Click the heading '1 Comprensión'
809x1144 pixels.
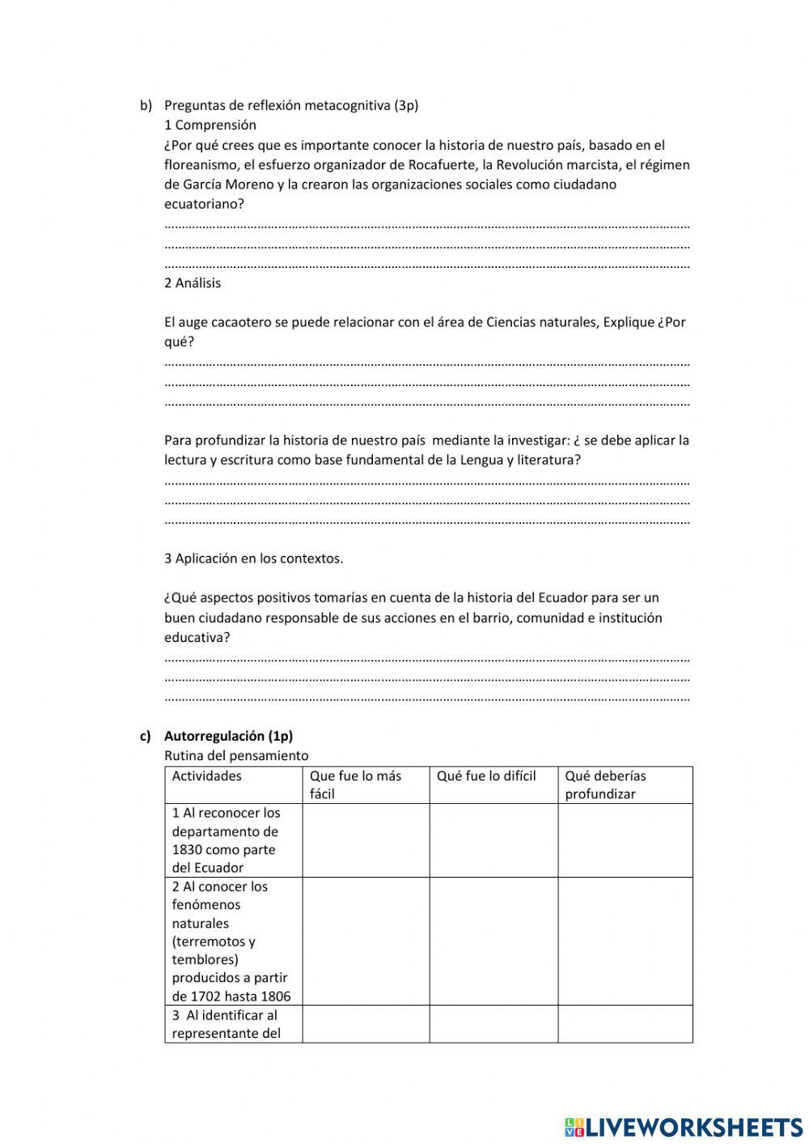click(210, 125)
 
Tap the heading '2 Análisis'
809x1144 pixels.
click(192, 283)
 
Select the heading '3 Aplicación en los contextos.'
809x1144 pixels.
click(253, 558)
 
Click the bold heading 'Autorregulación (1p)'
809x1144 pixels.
click(228, 736)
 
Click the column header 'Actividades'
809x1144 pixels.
click(206, 776)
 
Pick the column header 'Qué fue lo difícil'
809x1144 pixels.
click(486, 776)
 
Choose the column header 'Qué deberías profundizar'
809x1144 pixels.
click(605, 785)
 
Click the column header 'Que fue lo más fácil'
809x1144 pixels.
click(355, 785)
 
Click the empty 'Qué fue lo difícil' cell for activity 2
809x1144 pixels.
click(493, 941)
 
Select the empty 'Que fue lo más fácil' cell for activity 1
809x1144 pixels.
click(366, 840)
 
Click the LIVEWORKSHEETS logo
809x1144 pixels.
click(683, 1126)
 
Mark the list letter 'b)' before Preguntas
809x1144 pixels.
click(146, 105)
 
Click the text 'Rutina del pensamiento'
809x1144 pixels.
click(236, 755)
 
